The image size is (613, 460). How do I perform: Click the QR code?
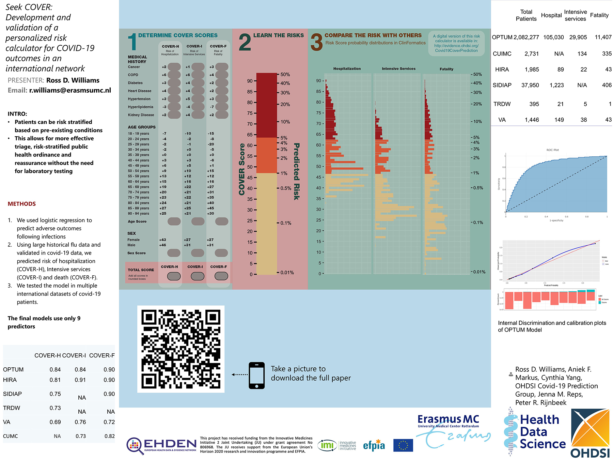180,349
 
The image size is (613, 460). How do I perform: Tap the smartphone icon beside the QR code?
257,375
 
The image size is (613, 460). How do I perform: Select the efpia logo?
374,445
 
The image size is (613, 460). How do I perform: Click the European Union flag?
403,445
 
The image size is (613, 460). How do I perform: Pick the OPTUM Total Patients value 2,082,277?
526,37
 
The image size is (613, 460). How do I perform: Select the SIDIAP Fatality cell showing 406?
607,85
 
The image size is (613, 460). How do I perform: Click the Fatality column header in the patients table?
599,15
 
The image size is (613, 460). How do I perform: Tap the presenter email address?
70,90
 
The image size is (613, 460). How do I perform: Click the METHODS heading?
22,204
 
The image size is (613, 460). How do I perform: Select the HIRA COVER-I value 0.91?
80,380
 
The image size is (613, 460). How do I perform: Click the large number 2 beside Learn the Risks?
245,43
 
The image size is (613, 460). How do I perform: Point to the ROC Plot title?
552,150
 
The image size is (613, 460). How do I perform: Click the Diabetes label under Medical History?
135,83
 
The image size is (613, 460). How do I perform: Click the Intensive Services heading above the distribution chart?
398,68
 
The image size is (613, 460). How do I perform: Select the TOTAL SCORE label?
141,270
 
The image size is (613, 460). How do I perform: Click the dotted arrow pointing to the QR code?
239,374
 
